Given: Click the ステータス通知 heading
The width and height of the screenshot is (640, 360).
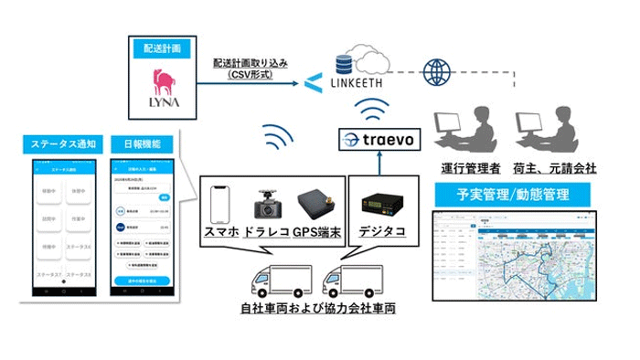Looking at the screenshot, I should coord(65,146).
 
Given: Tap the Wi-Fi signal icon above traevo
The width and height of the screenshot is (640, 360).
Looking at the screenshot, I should coord(375,115).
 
